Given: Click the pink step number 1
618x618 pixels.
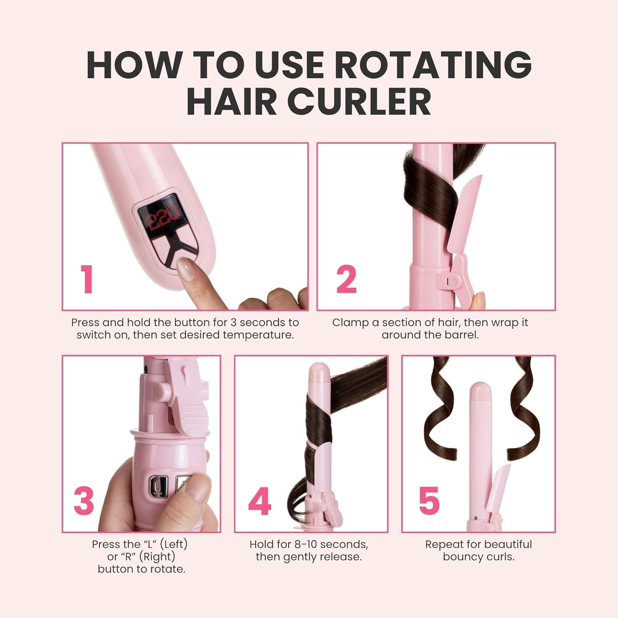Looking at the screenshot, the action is click(87, 279).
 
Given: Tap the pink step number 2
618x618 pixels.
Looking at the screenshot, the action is click(346, 279).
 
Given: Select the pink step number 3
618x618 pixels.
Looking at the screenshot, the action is click(84, 501).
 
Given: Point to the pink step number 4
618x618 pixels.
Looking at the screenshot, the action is click(260, 501).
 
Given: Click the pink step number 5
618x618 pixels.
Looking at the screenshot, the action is click(429, 501).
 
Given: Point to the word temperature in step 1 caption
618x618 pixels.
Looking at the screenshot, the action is click(258, 335).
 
